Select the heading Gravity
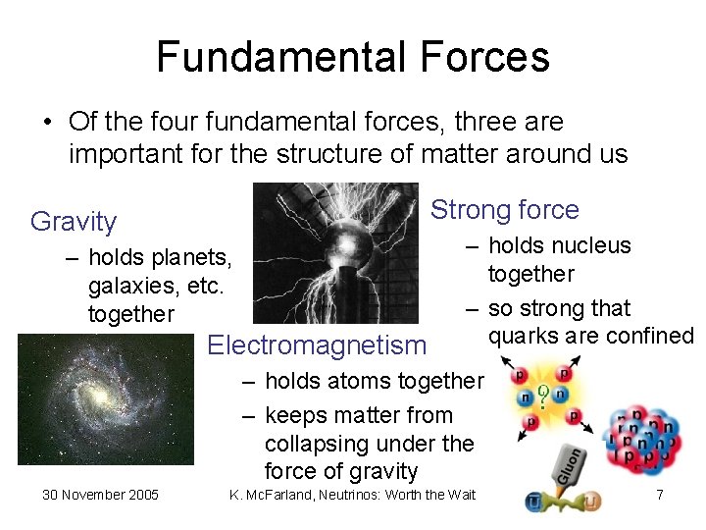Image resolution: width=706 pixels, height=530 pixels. (74, 222)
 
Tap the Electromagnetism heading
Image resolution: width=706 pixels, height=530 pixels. (318, 345)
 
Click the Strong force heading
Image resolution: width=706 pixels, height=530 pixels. (505, 210)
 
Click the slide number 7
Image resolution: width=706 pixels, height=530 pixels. (659, 495)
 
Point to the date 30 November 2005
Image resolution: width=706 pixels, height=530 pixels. (100, 495)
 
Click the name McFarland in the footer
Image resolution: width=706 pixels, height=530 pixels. (284, 495)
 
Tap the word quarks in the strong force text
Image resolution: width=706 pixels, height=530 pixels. (523, 336)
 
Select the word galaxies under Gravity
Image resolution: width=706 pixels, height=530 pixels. (127, 286)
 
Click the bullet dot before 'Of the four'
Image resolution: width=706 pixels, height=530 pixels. (47, 123)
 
